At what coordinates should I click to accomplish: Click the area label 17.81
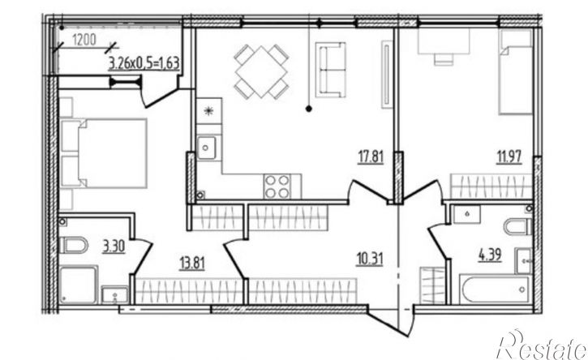coord(371,156)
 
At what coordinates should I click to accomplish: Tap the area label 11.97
coord(509,156)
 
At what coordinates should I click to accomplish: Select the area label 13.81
coord(192,264)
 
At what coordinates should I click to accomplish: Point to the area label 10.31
coord(370,259)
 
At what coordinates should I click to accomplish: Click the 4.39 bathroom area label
coord(490,255)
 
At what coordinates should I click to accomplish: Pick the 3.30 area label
coord(114,246)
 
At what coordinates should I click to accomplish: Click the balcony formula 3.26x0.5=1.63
coord(144,63)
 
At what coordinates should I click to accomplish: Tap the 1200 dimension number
coord(84,40)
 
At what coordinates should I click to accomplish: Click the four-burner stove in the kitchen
coord(277,186)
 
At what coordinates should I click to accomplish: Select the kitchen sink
coord(207,148)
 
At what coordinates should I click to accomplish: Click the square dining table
coord(261,71)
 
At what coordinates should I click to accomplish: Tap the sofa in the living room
coord(330,70)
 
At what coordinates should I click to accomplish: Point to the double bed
coord(103,153)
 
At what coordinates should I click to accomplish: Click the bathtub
coord(494,289)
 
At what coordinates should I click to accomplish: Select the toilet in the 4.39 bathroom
coord(518,227)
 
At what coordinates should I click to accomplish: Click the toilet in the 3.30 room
coord(74,245)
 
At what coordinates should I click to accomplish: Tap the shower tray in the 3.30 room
coord(79,285)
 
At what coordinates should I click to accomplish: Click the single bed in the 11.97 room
coord(516,72)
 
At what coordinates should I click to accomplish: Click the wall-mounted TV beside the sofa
coord(386,75)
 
